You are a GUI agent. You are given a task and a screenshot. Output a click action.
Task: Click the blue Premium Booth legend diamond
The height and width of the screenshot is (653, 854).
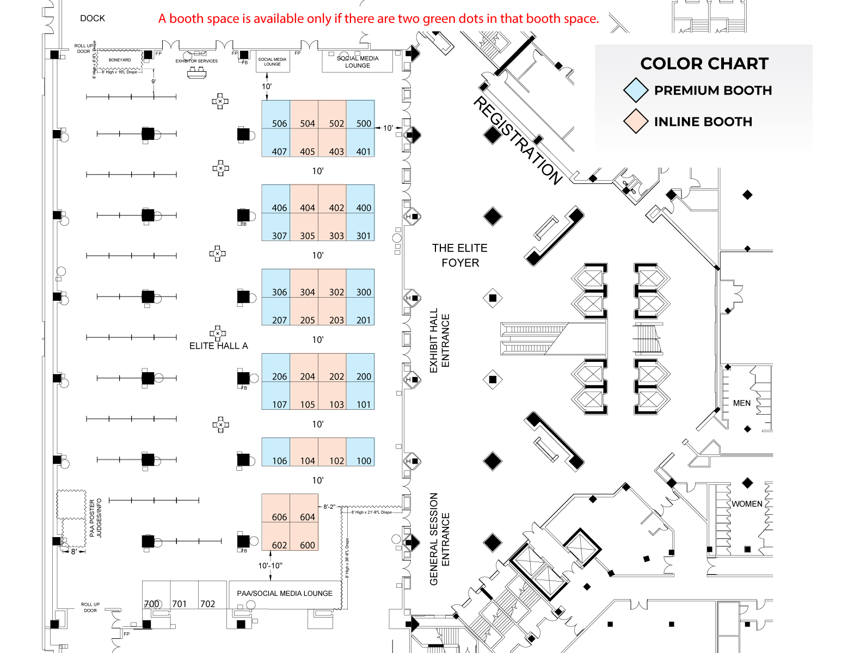coord(636,90)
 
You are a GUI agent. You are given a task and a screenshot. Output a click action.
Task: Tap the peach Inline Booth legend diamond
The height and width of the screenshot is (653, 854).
coord(636,121)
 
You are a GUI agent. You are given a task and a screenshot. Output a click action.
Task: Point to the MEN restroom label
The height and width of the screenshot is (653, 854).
coord(741,403)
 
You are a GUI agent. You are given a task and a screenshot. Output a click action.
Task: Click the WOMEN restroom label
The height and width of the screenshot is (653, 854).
coord(747,504)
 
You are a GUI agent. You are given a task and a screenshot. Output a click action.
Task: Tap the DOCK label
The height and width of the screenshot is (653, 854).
coord(93,19)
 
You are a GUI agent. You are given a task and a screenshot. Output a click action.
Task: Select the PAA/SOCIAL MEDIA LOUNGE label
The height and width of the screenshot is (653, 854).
coord(285,594)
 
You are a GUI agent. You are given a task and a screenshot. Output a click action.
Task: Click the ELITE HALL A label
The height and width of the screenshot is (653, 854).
coord(218,346)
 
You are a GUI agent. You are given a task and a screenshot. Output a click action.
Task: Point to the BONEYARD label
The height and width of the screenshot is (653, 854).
coord(120,60)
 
